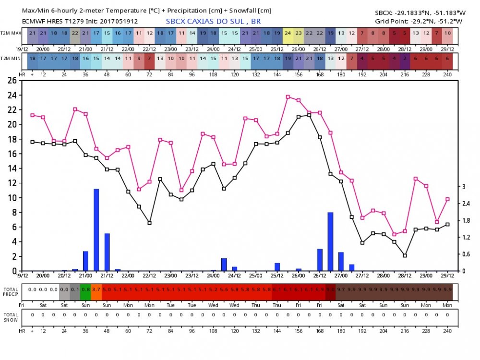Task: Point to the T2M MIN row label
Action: point(10,58)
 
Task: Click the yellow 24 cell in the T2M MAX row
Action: point(288,33)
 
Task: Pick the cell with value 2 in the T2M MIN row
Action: point(405,58)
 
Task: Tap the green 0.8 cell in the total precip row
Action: point(85,289)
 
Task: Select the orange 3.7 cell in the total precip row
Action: point(96,289)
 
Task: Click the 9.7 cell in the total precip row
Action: point(341,289)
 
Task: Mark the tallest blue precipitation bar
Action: point(96,229)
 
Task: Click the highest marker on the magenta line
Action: point(288,97)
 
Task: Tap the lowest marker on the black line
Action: point(405,255)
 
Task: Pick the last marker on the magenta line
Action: point(447,199)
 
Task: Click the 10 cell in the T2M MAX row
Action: point(447,33)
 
